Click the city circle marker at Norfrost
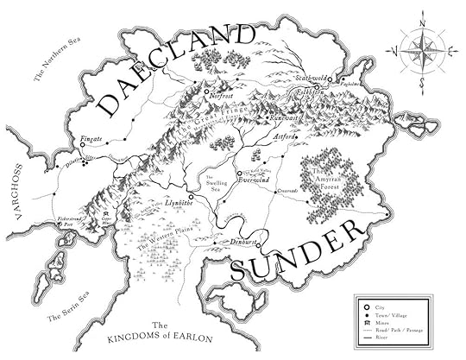click(x=207, y=89)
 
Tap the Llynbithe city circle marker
click(x=191, y=198)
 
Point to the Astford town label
click(x=286, y=136)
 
